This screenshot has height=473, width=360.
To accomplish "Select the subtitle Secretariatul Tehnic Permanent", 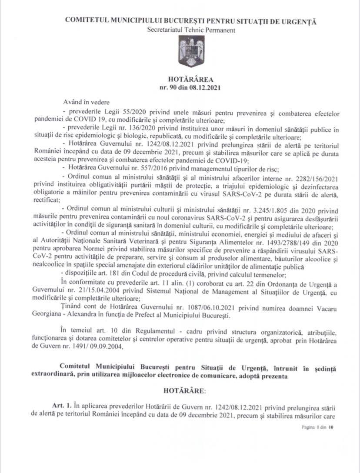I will tap(191, 30).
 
